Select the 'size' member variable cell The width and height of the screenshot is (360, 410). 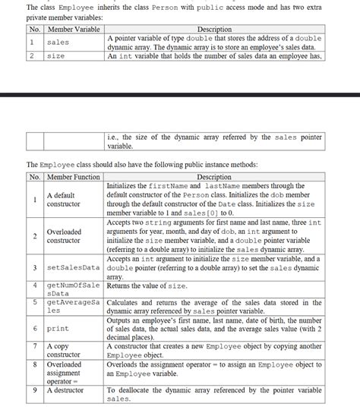coord(56,56)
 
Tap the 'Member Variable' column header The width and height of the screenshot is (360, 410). coord(74,30)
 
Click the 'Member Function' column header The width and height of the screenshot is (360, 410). coord(74,177)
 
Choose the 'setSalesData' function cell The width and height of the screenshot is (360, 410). coord(74,268)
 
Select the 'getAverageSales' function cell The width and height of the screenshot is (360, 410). coord(74,307)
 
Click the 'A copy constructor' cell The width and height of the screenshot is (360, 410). coord(65,350)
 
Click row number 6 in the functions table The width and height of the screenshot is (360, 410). coord(35,329)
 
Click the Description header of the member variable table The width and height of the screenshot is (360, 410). coord(215,30)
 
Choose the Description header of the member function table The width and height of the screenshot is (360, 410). coord(215,177)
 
